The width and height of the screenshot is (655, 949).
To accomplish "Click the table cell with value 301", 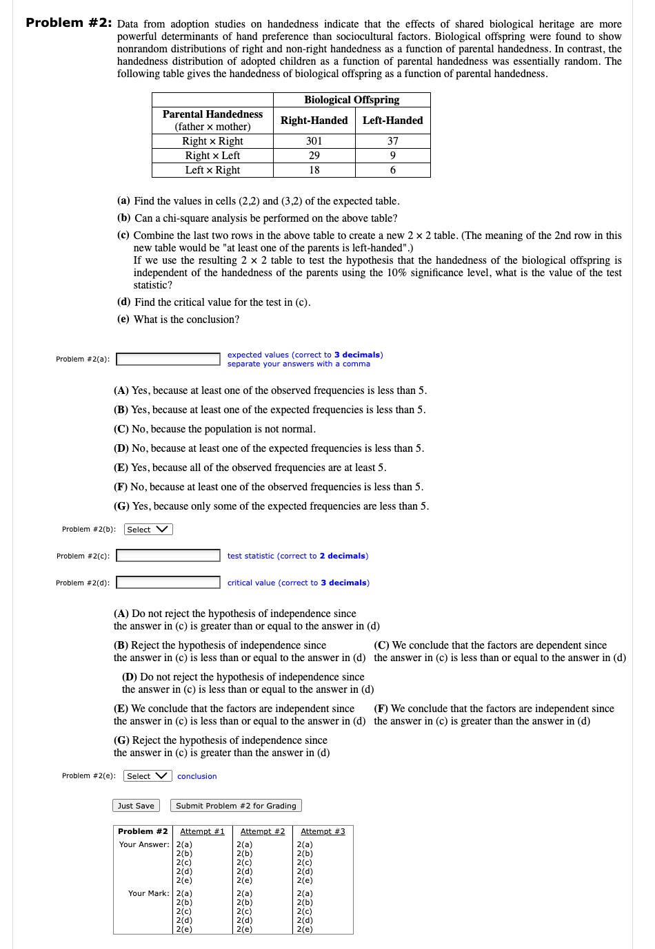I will pos(314,141).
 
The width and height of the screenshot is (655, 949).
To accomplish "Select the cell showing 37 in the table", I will pos(393,141).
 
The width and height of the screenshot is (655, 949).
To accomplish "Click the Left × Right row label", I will pos(212,170).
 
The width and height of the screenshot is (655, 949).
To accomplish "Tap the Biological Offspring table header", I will pos(352,100).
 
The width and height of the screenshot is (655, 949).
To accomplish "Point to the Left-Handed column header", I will pos(393,121).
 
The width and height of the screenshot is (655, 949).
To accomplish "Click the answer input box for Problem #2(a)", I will pos(168,359).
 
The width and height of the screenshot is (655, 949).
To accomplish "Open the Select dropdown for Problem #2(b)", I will pos(148,530).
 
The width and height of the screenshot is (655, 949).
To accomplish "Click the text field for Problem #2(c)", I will pos(168,556).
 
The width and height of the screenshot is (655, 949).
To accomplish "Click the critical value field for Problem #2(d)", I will pos(168,583).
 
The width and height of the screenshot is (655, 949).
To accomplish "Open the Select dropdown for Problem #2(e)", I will pos(148,776).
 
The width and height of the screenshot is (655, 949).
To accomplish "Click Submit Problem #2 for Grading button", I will pos(236,806).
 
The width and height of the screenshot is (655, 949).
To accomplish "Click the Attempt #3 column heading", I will pos(323,832).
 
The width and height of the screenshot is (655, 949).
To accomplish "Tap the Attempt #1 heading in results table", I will pos(202,832).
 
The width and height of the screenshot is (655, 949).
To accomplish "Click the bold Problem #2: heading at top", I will pos(68,23).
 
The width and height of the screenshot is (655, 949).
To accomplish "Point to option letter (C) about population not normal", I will pos(121,429).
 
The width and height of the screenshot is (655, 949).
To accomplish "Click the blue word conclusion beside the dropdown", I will pos(197,776).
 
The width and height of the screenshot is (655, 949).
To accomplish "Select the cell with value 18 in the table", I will pos(314,170).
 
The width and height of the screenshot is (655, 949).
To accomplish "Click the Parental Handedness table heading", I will pos(212,114).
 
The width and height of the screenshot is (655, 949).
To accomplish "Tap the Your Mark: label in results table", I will pos(148,893).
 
